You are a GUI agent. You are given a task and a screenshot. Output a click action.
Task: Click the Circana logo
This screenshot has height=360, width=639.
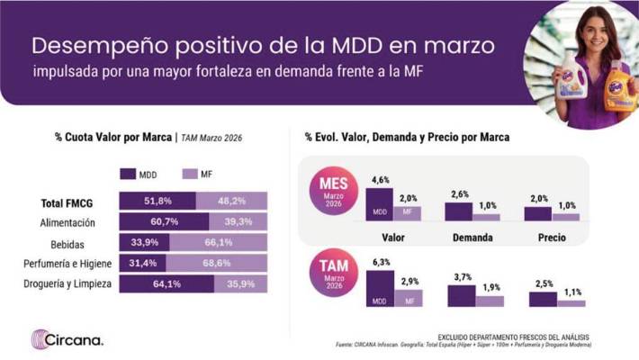(67, 339)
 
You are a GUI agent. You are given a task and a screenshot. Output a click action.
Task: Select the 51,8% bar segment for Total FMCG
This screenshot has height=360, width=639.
(157, 201)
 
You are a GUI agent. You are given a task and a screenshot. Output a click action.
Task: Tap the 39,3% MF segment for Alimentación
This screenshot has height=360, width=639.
(238, 221)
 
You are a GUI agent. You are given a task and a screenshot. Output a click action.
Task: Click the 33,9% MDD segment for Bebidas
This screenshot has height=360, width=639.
(144, 242)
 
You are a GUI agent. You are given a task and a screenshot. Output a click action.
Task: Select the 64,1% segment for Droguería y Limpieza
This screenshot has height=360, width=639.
(166, 283)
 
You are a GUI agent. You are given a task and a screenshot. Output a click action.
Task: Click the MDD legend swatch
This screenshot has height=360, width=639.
(127, 174)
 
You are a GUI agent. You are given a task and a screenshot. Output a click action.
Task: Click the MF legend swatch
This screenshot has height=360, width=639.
(189, 174)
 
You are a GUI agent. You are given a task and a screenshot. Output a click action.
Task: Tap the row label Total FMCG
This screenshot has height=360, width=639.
(76, 202)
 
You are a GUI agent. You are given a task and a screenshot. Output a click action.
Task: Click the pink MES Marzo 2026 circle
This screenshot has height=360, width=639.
(332, 191)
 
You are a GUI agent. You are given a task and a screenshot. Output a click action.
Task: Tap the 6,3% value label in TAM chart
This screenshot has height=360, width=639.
(380, 263)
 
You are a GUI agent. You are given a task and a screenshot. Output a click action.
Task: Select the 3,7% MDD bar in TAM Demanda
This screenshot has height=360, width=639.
(461, 295)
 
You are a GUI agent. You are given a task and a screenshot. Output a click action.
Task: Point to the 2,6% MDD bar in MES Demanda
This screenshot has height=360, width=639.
(458, 211)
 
